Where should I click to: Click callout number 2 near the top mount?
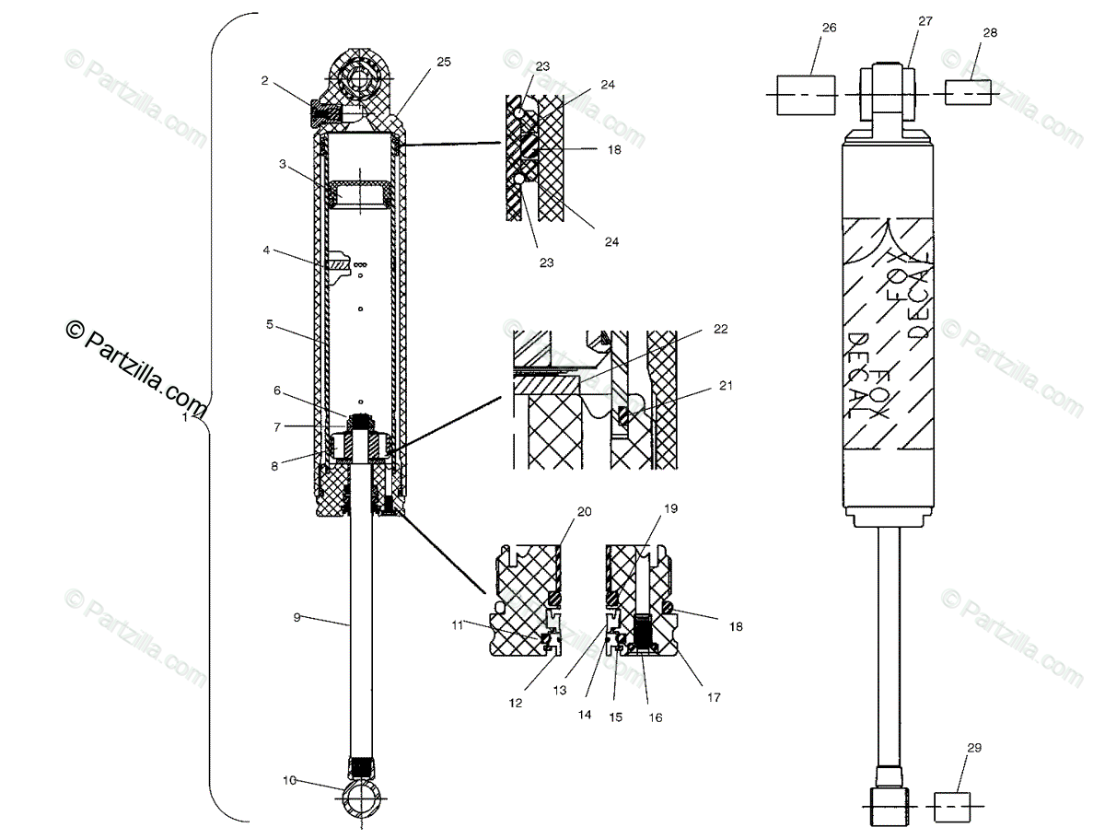264,80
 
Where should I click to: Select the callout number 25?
444,62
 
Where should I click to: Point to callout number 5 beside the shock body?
269,324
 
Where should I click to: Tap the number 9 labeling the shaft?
297,617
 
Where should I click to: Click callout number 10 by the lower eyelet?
290,781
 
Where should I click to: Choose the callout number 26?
828,28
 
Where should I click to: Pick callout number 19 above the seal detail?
670,508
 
